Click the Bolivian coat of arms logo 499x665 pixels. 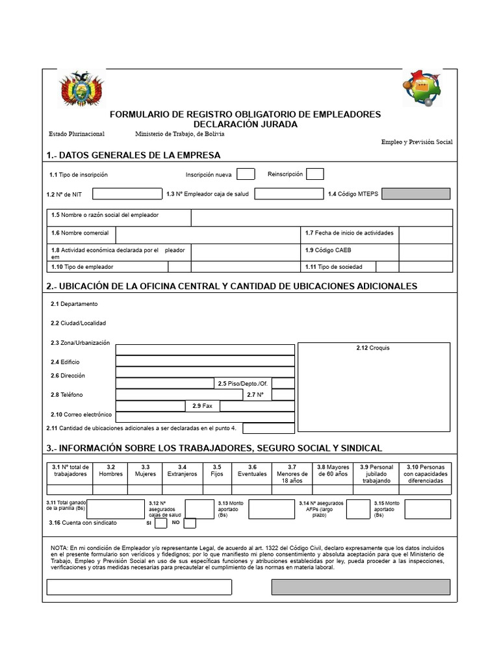point(81,89)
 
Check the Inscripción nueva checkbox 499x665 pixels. point(246,174)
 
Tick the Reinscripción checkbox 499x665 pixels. point(314,174)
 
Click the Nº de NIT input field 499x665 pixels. point(127,194)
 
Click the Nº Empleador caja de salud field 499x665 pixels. point(288,194)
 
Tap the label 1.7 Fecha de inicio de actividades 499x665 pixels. point(350,232)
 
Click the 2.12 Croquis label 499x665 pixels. point(373,348)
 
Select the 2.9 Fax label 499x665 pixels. point(202,406)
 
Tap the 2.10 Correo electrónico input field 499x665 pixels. point(205,417)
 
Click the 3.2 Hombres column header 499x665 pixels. point(110,470)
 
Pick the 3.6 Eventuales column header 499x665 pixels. point(252,470)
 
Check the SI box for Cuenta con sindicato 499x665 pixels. point(160,523)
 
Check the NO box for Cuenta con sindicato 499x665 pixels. point(190,523)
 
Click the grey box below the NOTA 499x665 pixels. point(361,587)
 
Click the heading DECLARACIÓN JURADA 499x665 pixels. point(245,124)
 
